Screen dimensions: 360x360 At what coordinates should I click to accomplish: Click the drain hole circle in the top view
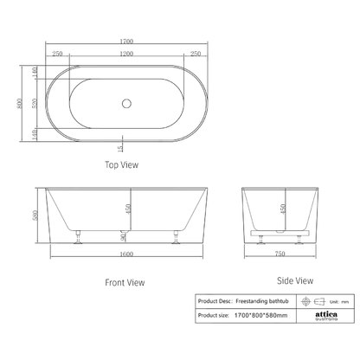[x=128, y=104]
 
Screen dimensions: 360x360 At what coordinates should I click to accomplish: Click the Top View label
[x=122, y=164]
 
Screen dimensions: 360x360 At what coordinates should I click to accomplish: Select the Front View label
[x=125, y=282]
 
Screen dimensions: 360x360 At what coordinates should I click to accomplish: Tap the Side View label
[x=293, y=280]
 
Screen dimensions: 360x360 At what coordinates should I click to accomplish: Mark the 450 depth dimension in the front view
[x=128, y=208]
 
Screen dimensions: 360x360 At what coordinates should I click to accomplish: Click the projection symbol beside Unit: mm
[x=303, y=301]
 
